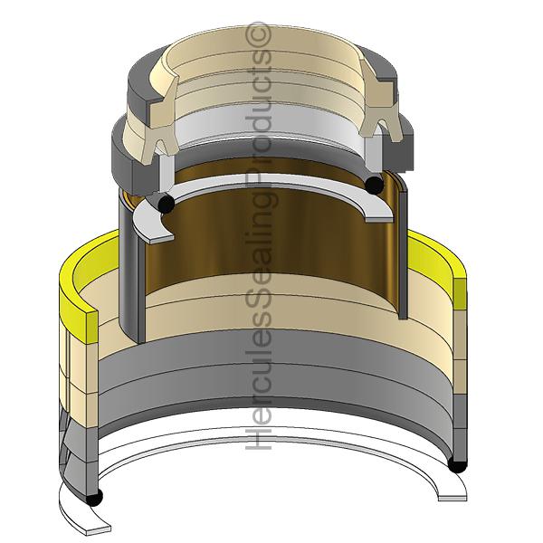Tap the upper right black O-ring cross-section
[373, 186]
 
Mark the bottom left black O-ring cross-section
[93, 498]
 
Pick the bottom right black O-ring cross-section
[458, 465]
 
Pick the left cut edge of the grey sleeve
[129, 271]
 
